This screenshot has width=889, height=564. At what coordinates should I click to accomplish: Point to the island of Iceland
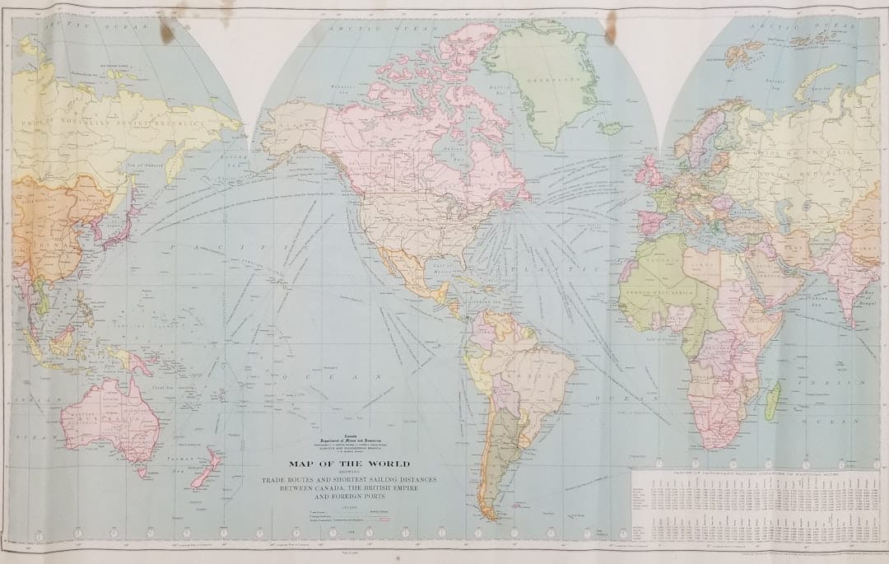611,128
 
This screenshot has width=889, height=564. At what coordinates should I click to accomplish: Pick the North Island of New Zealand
208,458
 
